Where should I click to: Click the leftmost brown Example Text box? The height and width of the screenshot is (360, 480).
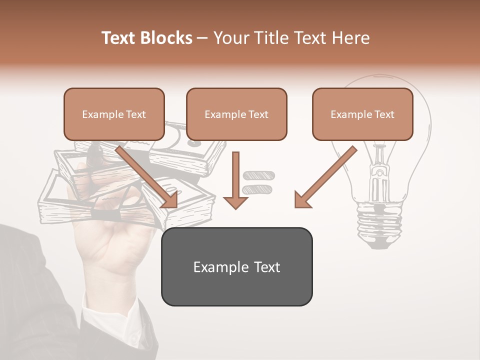(x=114, y=114)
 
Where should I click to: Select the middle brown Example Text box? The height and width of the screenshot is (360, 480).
(x=236, y=114)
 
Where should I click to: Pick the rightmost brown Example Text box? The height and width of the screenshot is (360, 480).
(x=362, y=114)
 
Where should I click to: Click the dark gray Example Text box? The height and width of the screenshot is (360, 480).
(x=236, y=266)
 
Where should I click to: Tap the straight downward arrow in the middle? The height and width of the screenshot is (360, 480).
(x=236, y=175)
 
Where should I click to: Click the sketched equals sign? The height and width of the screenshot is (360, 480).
(x=258, y=182)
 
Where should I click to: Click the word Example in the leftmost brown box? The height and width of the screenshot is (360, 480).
(x=100, y=114)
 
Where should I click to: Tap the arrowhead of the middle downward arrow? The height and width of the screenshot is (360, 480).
(x=236, y=202)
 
